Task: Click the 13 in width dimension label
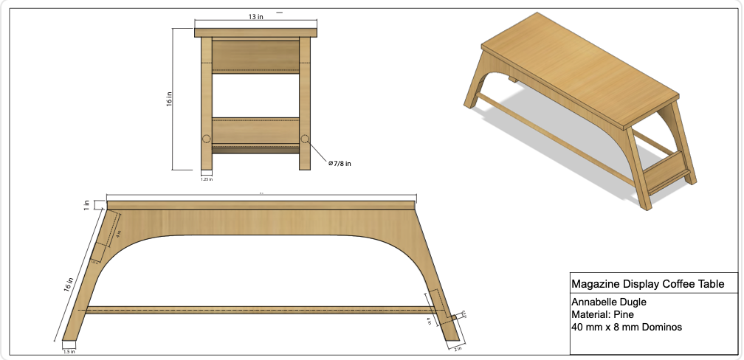(x=255, y=17)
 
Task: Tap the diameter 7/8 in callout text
(x=340, y=164)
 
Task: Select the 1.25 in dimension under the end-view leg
(x=207, y=178)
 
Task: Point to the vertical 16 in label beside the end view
(x=169, y=100)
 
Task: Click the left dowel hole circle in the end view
(x=206, y=139)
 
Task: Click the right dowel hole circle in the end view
(x=305, y=139)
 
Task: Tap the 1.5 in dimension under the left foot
(x=69, y=352)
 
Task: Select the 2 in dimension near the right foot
(x=458, y=348)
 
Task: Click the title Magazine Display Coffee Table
(x=643, y=284)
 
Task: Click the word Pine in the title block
(x=621, y=314)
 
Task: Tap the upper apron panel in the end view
(x=255, y=55)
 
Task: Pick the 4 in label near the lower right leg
(x=429, y=321)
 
